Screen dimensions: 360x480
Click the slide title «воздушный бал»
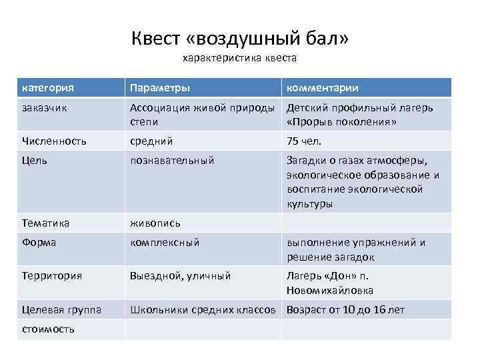click(239, 39)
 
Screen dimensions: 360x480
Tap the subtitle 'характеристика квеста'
click(239, 58)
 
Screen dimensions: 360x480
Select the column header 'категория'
click(47, 88)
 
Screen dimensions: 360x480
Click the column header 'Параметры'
click(159, 88)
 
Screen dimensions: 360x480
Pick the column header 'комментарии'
click(323, 88)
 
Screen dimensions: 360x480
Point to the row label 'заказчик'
click(43, 107)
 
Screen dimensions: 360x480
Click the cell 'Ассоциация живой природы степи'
click(202, 115)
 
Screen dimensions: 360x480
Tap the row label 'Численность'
click(53, 141)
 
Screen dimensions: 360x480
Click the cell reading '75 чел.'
click(304, 141)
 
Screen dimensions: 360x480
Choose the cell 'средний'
click(151, 141)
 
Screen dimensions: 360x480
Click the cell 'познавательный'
click(172, 161)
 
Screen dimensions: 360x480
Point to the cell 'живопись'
click(155, 223)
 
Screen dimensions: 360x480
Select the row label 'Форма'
click(39, 243)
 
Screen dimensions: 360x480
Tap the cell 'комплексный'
click(165, 243)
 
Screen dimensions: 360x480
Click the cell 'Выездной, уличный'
click(180, 275)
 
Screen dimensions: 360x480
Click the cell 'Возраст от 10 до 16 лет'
click(345, 309)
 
